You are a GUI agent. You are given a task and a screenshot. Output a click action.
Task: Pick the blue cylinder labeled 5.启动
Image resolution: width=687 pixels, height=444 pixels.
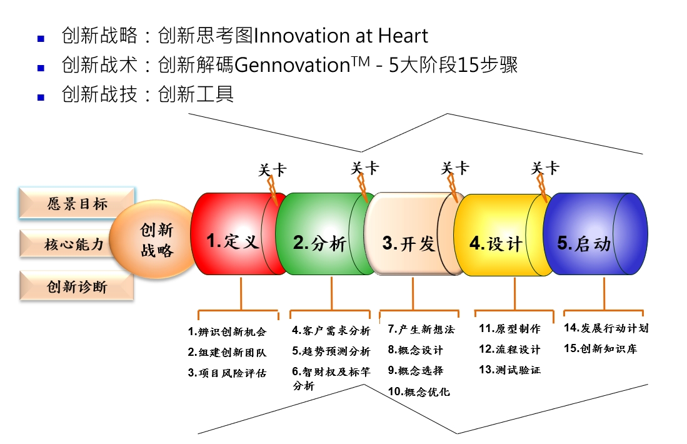tap(595, 234)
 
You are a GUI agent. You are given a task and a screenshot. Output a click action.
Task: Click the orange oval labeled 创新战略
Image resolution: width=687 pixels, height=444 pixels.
tap(153, 240)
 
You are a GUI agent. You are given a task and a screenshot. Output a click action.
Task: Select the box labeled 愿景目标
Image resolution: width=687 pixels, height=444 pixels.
tap(77, 203)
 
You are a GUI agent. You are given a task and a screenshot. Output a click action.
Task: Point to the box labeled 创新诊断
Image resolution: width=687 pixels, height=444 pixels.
tap(77, 286)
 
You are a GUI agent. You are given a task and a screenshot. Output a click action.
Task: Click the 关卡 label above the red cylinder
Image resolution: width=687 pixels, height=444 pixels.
tap(272, 169)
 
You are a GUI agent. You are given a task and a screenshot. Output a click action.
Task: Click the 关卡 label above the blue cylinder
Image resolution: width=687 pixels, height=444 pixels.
tap(545, 168)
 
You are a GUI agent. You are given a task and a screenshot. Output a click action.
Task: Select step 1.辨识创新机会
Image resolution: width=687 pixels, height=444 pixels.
tap(227, 332)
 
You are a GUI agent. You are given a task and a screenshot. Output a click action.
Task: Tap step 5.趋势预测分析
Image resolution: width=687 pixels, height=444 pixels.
tap(331, 351)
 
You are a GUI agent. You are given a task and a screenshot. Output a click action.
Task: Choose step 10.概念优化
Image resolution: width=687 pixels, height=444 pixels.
tap(419, 391)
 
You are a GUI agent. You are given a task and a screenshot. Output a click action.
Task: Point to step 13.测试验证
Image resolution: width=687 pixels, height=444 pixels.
tap(509, 370)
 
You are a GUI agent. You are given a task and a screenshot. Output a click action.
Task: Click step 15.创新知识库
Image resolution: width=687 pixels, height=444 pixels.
tap(600, 348)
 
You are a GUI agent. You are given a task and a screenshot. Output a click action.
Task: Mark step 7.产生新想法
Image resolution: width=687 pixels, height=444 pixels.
tap(421, 329)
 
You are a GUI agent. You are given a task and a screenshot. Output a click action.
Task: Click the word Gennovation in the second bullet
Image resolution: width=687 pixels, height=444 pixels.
tap(292, 65)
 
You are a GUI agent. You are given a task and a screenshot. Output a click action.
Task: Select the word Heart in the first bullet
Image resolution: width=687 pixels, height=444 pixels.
tap(403, 36)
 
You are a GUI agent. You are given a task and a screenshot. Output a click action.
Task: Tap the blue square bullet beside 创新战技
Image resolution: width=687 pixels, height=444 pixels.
tap(41, 98)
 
